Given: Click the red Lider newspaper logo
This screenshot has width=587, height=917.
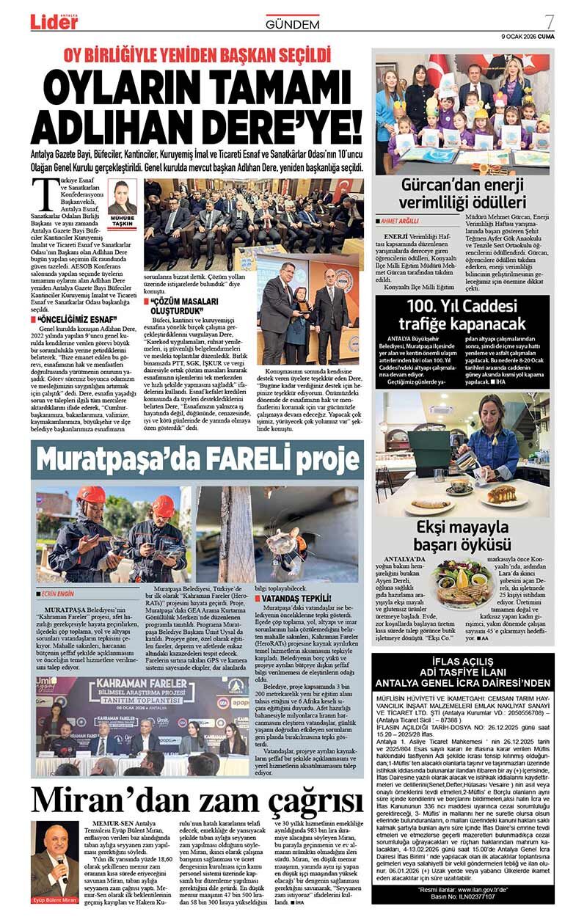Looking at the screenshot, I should point(54,22).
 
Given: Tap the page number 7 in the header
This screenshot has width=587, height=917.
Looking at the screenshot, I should point(548,20).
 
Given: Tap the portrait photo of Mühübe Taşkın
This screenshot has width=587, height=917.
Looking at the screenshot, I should point(122,197).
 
